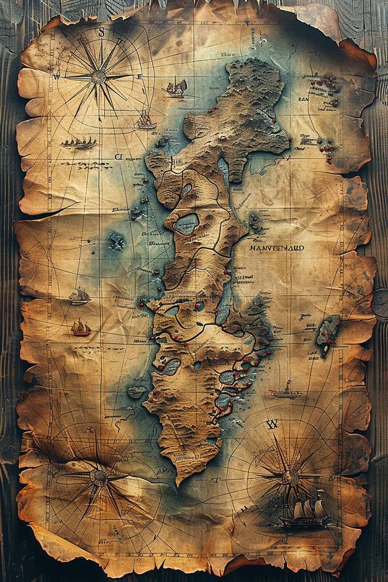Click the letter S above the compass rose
pos(101,32)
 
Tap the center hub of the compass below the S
pos(98,76)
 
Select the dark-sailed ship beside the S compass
pos(177,87)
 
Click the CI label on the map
pos(118,156)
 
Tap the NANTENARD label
pos(276,248)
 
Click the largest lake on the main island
pos(186,224)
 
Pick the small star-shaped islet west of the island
pos(117,242)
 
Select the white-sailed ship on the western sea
pos(80,296)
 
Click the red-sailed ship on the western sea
pos(80,328)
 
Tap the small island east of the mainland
pos(328,333)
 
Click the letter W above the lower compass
pos(272,424)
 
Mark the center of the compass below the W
pos(290,477)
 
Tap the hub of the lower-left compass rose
pos(99,477)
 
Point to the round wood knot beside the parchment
pos(380,303)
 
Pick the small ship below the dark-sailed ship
pos(145,120)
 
